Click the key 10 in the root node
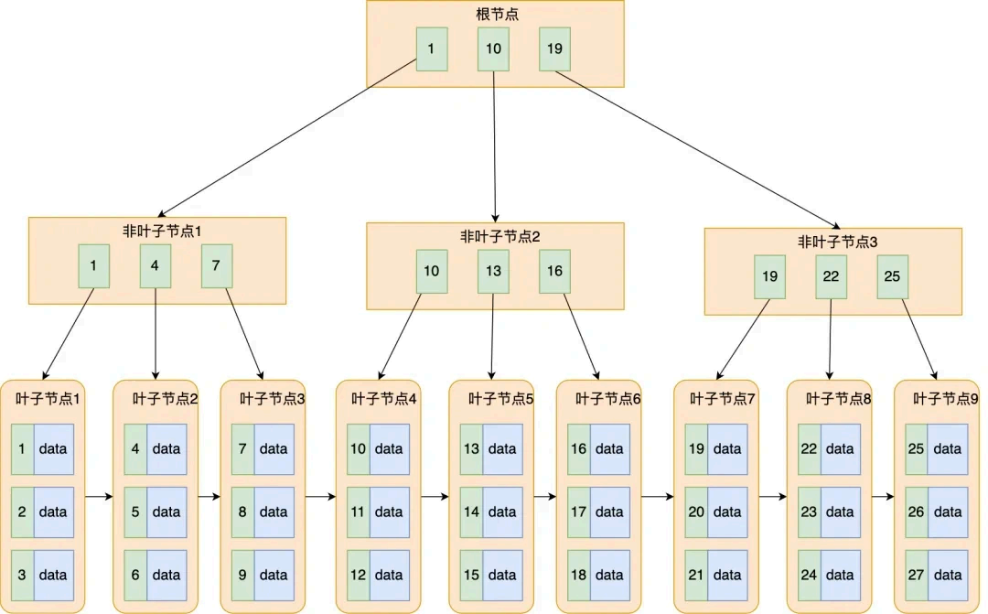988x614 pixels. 493,49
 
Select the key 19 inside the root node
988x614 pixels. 554,49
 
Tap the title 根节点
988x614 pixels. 495,16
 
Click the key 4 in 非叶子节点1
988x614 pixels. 156,266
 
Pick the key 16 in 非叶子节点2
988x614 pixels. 554,271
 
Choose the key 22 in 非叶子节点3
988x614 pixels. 831,276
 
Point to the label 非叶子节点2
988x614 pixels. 495,237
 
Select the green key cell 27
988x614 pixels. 917,575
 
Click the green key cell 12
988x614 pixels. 359,575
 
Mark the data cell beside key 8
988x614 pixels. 274,512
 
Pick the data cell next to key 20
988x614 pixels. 727,512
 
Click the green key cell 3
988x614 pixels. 22,575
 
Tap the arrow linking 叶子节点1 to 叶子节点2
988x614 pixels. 99,497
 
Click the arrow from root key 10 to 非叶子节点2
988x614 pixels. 494,146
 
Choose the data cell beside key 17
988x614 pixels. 609,512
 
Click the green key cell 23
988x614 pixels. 809,512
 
